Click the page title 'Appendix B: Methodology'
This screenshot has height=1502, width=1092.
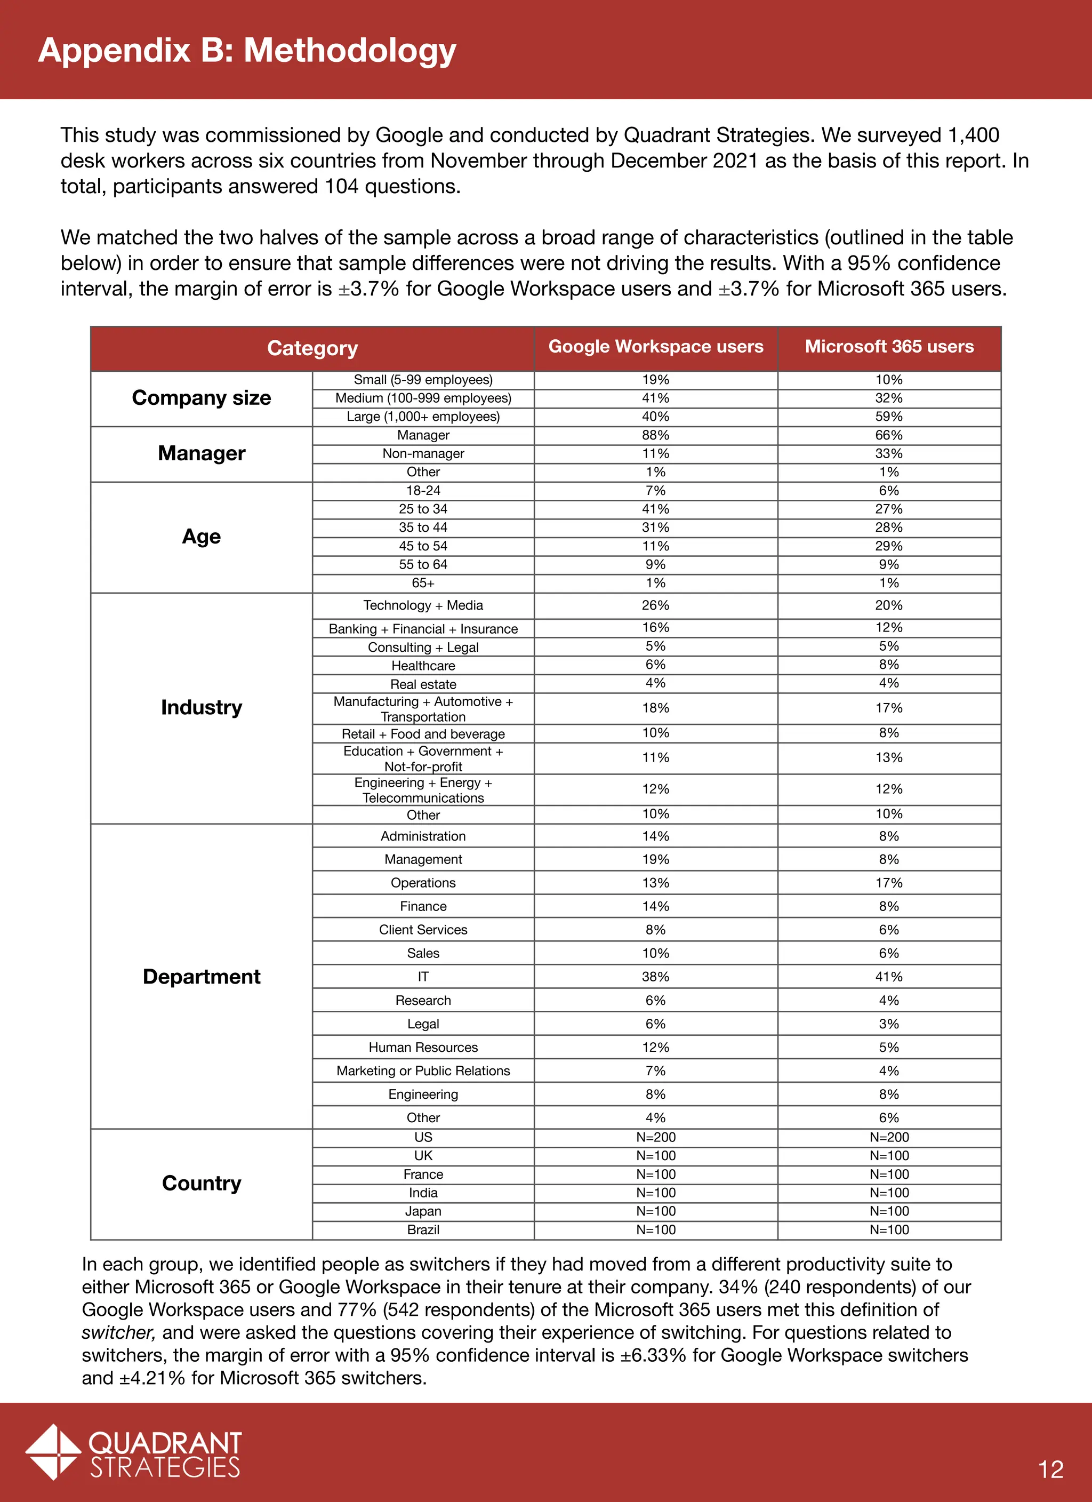(247, 50)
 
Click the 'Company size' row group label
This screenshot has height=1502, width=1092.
(202, 397)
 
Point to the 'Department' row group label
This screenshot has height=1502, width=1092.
(202, 976)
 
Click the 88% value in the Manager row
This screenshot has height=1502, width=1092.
(656, 435)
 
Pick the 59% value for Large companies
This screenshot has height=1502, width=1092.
(889, 417)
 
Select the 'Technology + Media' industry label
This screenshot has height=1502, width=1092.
(423, 605)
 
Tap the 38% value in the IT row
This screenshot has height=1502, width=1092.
(656, 976)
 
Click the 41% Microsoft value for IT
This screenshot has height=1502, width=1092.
(889, 976)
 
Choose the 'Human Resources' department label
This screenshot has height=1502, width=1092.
(423, 1047)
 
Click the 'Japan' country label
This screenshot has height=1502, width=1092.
(423, 1211)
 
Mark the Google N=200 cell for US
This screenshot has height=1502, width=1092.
(656, 1137)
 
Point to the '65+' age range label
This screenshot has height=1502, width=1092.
(423, 583)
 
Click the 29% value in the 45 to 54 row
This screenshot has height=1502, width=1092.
(889, 546)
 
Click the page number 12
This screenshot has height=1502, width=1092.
(1051, 1469)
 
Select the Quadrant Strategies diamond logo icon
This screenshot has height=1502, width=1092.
(53, 1452)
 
